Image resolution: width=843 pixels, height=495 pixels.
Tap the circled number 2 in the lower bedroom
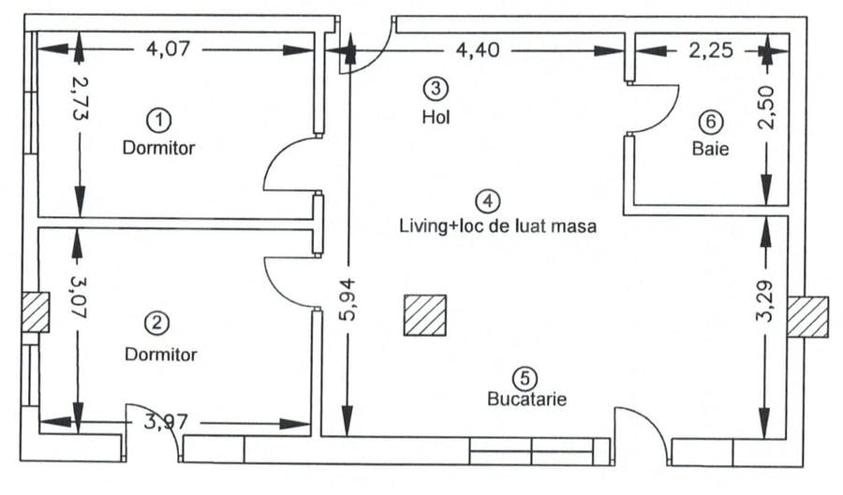pyautogui.click(x=155, y=324)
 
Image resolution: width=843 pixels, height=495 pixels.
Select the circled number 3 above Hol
pyautogui.click(x=436, y=89)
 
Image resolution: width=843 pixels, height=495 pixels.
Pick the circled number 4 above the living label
pyautogui.click(x=488, y=200)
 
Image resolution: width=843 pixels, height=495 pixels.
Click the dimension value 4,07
pyautogui.click(x=170, y=49)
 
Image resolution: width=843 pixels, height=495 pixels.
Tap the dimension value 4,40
pyautogui.click(x=477, y=50)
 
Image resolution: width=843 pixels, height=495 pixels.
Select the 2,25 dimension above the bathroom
pyautogui.click(x=712, y=50)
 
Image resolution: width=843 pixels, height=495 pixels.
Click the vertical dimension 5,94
pyautogui.click(x=348, y=306)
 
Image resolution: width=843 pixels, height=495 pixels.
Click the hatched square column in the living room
pyautogui.click(x=425, y=314)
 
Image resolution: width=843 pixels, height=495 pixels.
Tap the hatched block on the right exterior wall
pyautogui.click(x=807, y=316)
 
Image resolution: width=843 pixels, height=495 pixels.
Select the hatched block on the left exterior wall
pyautogui.click(x=35, y=312)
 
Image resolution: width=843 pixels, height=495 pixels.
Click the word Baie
pyautogui.click(x=711, y=148)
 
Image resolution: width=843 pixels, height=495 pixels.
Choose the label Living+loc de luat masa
pyautogui.click(x=497, y=226)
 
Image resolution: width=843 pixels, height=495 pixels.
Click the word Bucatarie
pyautogui.click(x=526, y=399)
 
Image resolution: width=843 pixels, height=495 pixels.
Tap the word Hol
pyautogui.click(x=436, y=117)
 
